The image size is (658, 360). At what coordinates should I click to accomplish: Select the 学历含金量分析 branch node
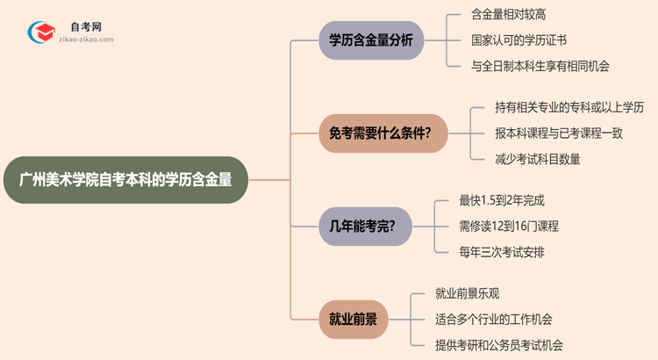369,40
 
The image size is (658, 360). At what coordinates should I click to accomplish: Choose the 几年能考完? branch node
362,226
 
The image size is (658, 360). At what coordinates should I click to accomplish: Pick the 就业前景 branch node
354,319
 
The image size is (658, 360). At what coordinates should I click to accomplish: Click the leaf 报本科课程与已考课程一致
557,133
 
